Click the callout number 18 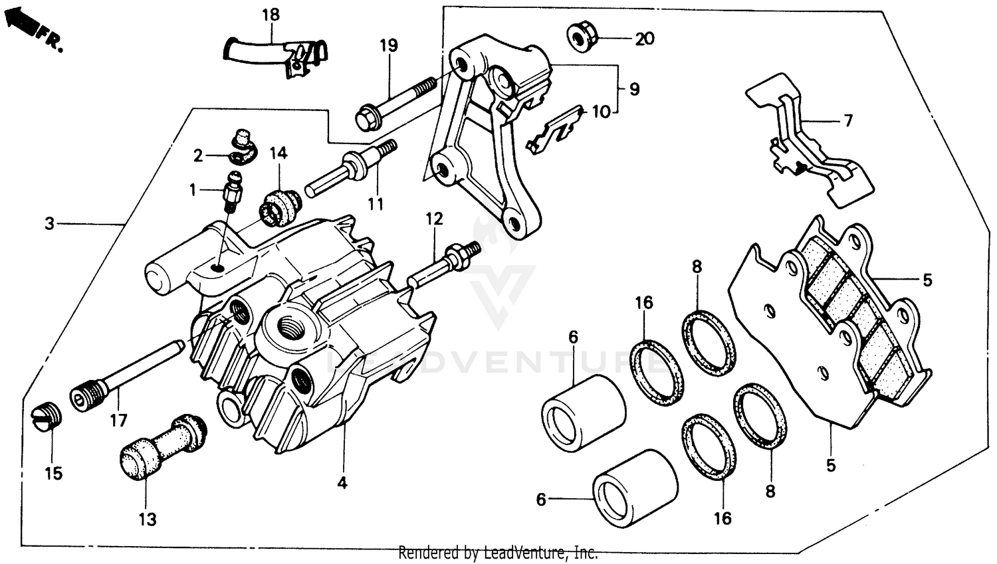(x=271, y=15)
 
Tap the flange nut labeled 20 (x=582, y=37)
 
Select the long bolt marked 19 (x=395, y=103)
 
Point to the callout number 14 (x=278, y=153)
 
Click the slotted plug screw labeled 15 (x=47, y=417)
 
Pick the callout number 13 (x=148, y=519)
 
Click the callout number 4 (x=342, y=483)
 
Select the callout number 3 (x=50, y=224)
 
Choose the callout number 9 (x=634, y=88)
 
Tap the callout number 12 (x=434, y=219)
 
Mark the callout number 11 (x=376, y=204)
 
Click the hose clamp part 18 (x=279, y=55)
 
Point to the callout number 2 (x=198, y=156)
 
